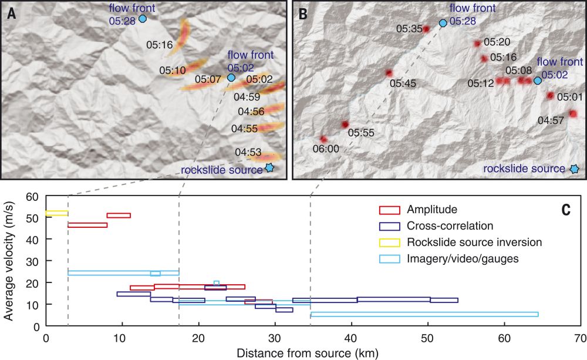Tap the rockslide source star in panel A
[x=269, y=167]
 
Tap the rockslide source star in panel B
[x=575, y=169]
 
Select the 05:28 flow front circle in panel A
[x=142, y=19]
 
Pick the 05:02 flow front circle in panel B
[x=537, y=80]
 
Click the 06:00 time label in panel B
[x=326, y=149]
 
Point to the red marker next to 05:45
[x=389, y=73]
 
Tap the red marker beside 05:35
[x=426, y=29]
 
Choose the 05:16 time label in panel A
[x=158, y=44]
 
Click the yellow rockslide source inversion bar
[x=57, y=213]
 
